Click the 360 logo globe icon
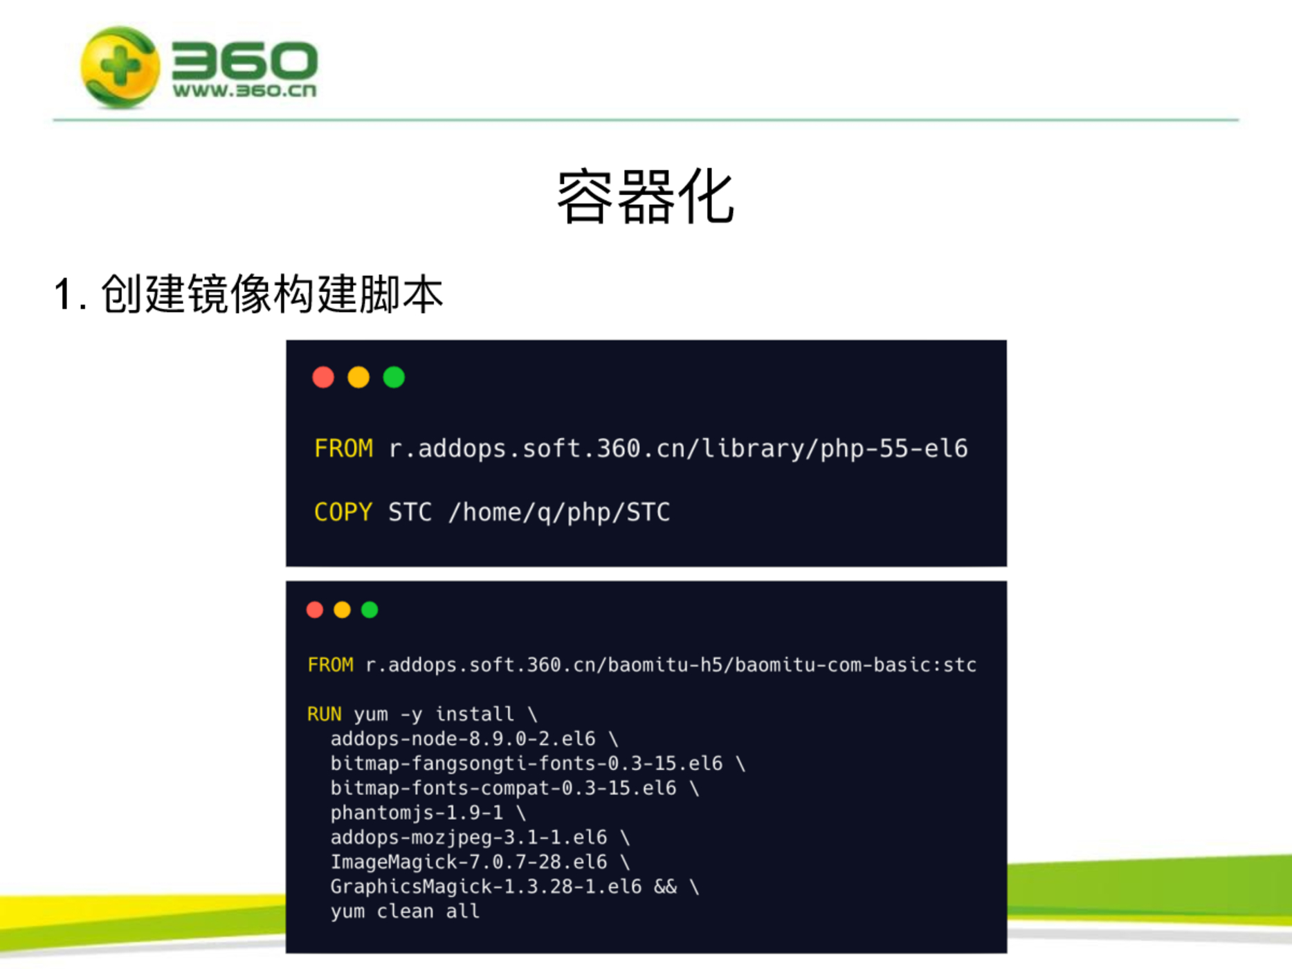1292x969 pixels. tap(120, 66)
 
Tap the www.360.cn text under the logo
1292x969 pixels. tap(244, 91)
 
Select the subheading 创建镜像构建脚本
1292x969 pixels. tap(272, 293)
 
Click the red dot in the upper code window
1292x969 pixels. tap(323, 377)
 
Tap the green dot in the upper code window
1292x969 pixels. tap(394, 377)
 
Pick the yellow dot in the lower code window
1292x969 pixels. tap(342, 610)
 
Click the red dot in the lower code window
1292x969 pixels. tap(315, 610)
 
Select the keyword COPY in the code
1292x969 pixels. tap(343, 512)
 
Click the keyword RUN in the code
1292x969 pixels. tap(325, 714)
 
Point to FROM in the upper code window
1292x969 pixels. tap(343, 449)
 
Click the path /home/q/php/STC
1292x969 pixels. tap(559, 513)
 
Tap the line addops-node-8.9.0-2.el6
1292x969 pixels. tap(463, 739)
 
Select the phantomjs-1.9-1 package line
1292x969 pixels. tap(417, 813)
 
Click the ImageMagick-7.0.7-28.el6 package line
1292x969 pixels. tap(468, 862)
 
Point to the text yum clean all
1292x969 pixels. tap(405, 912)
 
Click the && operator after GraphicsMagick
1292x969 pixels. tap(665, 887)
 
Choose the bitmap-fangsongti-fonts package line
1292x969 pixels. tap(527, 764)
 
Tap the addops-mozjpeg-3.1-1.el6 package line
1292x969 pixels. tap(468, 838)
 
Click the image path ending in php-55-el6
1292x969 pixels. tap(678, 449)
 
